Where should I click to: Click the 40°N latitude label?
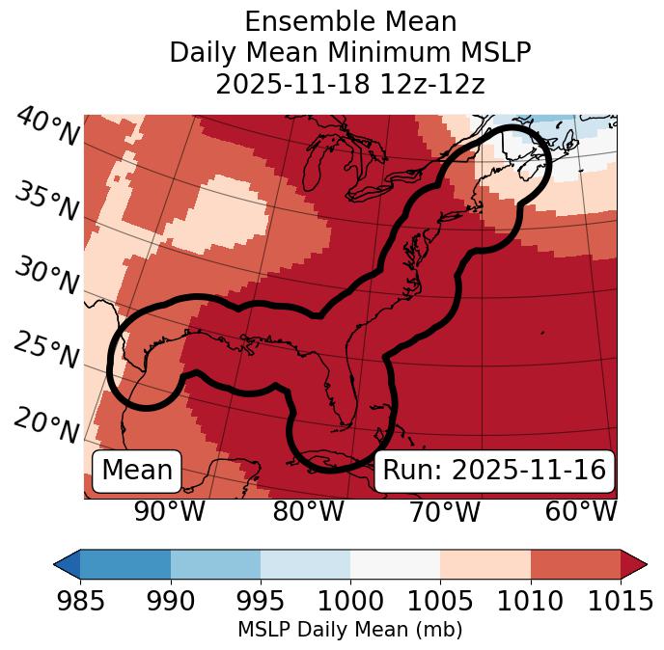click(x=47, y=127)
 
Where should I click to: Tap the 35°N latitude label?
click(x=47, y=202)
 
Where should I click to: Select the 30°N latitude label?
click(x=47, y=277)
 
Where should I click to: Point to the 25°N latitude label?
click(x=47, y=351)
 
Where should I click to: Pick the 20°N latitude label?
click(x=47, y=425)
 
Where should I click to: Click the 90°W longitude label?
click(x=169, y=512)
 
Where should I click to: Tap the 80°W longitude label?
click(x=308, y=512)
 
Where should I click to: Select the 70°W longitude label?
click(x=444, y=512)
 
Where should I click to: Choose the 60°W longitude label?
click(x=580, y=512)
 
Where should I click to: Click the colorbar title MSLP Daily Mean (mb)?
click(x=350, y=630)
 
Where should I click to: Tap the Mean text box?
click(x=137, y=471)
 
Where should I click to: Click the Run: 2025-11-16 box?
click(x=494, y=471)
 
